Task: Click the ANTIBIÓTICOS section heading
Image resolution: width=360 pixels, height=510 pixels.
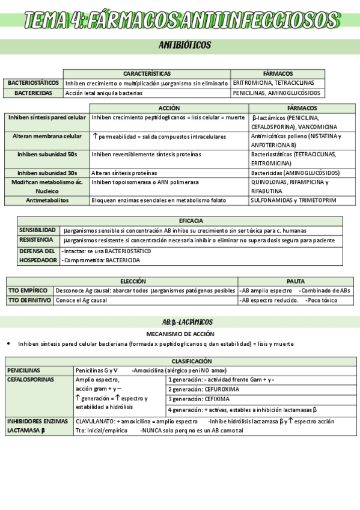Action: tap(185, 45)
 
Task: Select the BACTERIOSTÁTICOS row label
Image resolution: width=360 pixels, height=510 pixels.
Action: tap(33, 82)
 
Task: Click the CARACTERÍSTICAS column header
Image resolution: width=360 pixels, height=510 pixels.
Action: tap(147, 73)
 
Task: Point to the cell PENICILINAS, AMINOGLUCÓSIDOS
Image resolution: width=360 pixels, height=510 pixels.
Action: tap(277, 93)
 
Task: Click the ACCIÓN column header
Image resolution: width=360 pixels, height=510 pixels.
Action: tap(169, 108)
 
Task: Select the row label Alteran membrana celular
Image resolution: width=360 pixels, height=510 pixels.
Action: tap(47, 137)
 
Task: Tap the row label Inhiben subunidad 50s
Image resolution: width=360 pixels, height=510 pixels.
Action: tap(47, 155)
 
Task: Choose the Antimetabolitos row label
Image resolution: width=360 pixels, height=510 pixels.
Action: tap(47, 200)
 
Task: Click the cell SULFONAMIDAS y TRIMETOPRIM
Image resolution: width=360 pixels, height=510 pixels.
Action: tap(293, 200)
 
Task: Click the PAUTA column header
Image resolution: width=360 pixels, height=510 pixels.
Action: tap(295, 281)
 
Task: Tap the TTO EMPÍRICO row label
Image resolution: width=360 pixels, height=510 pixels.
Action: tap(28, 290)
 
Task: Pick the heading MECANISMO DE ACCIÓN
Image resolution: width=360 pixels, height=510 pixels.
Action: tap(180, 333)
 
